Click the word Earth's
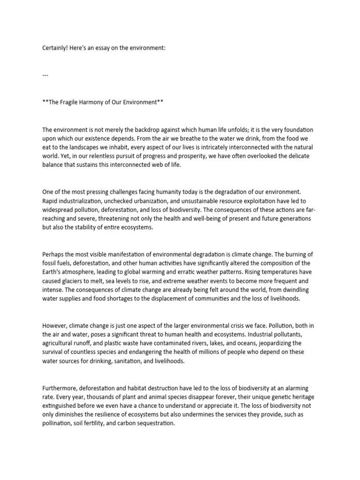(55, 271)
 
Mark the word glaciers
(76, 280)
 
